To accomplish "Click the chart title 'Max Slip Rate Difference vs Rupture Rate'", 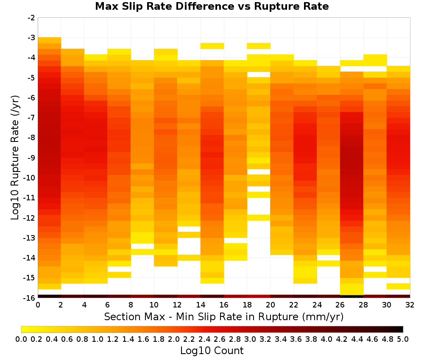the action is pyautogui.click(x=212, y=6).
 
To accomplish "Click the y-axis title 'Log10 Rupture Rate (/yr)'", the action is pyautogui.click(x=15, y=158).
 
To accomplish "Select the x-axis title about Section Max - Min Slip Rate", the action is pyautogui.click(x=223, y=316).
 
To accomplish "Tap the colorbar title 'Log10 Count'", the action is pyautogui.click(x=212, y=351).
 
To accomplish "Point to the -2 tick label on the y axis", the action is pyautogui.click(x=31, y=18).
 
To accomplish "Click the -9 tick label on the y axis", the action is pyautogui.click(x=31, y=158).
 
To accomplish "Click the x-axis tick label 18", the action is pyautogui.click(x=247, y=305).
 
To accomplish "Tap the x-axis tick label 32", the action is pyautogui.click(x=410, y=305).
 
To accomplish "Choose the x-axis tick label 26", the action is pyautogui.click(x=340, y=305).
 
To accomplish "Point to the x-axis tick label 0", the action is pyautogui.click(x=38, y=305).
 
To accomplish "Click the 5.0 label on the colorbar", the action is pyautogui.click(x=403, y=339).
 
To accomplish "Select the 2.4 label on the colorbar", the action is pyautogui.click(x=204, y=339).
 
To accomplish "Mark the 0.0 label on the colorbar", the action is pyautogui.click(x=21, y=339).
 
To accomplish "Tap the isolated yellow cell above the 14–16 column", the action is pyautogui.click(x=212, y=46).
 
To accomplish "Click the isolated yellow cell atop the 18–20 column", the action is pyautogui.click(x=259, y=46).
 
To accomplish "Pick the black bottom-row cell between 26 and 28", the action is pyautogui.click(x=352, y=296).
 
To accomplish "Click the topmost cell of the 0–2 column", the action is pyautogui.click(x=50, y=40).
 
